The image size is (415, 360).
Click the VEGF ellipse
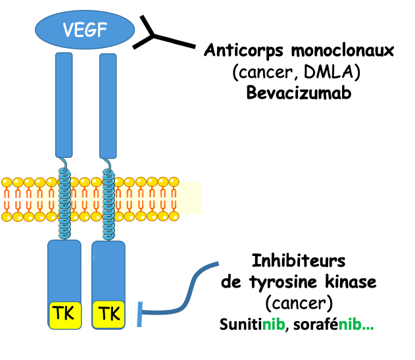[x=85, y=30]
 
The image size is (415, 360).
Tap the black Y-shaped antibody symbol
[x=157, y=37]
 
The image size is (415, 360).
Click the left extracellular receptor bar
[x=64, y=105]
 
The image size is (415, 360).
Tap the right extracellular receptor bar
[x=108, y=105]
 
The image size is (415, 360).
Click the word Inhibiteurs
[x=299, y=261]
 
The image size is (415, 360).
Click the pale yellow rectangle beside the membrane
[x=190, y=197]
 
